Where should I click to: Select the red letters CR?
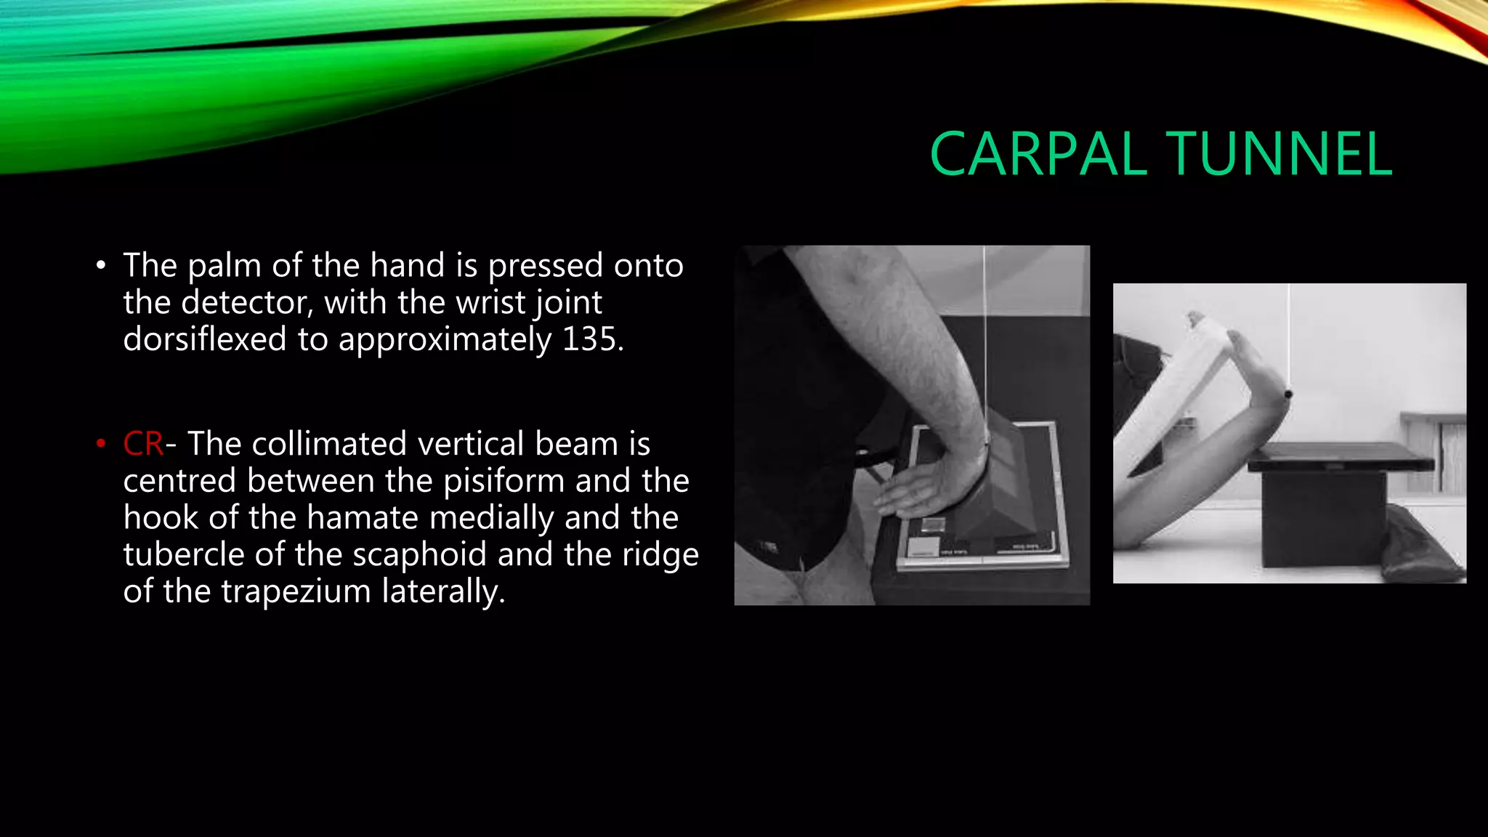(143, 443)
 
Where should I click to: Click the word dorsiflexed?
(205, 339)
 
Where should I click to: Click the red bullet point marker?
(101, 443)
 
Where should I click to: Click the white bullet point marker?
(101, 265)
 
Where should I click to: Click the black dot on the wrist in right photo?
(1288, 395)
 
